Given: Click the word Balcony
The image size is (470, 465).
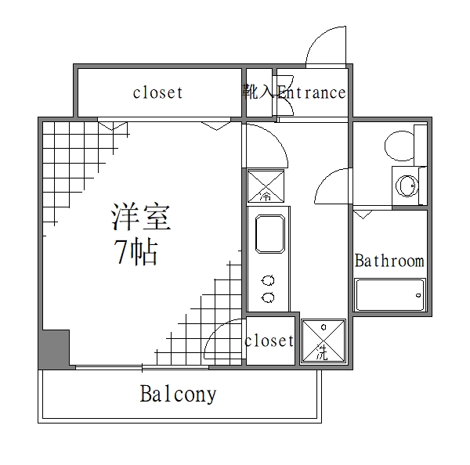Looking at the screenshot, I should click(178, 394).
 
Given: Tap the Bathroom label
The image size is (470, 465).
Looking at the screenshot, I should click(389, 261).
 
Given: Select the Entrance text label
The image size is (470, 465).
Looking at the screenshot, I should click(309, 93).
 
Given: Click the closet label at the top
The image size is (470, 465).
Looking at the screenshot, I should click(157, 93).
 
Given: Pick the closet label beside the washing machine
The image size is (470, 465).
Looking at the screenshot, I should click(269, 341).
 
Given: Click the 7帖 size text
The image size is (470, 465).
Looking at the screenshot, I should click(136, 253).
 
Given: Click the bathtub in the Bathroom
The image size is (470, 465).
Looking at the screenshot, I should click(390, 296).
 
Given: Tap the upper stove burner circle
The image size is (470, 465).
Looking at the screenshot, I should click(268, 280).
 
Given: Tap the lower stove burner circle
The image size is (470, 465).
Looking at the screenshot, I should click(268, 297).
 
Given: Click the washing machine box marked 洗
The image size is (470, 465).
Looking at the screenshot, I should click(322, 341).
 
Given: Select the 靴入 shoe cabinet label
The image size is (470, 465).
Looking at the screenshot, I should click(258, 93).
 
